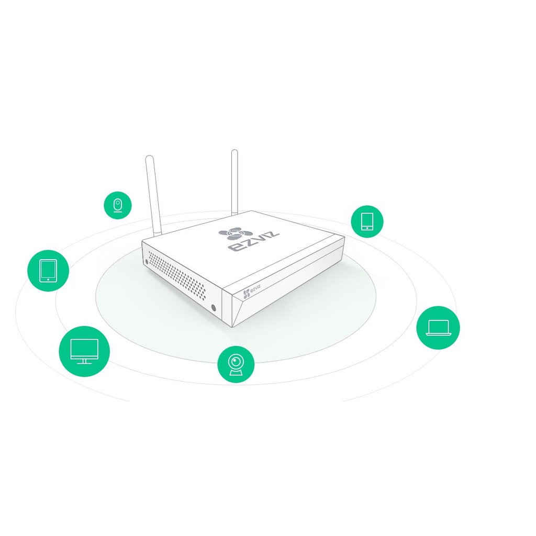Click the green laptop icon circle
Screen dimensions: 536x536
438,328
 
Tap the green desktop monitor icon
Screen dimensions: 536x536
84,351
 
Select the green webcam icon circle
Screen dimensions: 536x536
236,364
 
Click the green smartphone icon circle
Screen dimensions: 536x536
367,221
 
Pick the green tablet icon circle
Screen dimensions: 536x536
48,271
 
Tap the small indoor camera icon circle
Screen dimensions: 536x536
118,205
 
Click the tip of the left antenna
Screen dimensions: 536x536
149,157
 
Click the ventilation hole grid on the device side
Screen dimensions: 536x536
177,275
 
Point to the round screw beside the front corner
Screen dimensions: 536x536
214,307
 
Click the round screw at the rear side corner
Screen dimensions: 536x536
147,262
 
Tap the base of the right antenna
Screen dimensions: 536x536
234,214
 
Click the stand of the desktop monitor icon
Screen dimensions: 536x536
84,361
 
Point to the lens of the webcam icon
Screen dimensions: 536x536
236,361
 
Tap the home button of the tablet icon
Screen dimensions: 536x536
48,280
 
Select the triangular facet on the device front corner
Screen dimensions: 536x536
239,308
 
